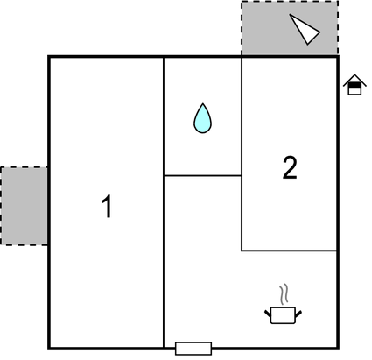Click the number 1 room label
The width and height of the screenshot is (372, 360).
click(108, 206)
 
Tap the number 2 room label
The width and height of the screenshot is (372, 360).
click(290, 167)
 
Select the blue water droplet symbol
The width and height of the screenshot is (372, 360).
click(202, 119)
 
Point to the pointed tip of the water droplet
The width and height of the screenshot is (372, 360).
click(202, 103)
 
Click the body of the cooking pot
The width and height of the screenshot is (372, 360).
click(283, 315)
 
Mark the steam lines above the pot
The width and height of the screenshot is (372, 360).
click(284, 294)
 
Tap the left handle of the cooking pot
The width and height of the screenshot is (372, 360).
click(268, 314)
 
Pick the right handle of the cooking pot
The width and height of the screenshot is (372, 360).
click(298, 314)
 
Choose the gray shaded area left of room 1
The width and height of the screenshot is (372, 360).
click(24, 206)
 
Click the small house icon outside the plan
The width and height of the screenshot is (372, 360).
click(354, 85)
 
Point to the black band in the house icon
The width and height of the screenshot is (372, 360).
click(354, 85)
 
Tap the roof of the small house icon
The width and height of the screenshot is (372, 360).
click(354, 80)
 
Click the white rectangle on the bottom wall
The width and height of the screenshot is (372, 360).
click(193, 349)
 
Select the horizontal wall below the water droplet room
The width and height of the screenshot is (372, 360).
click(202, 175)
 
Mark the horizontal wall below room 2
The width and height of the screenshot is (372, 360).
click(290, 251)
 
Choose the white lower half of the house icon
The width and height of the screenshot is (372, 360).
click(354, 91)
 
